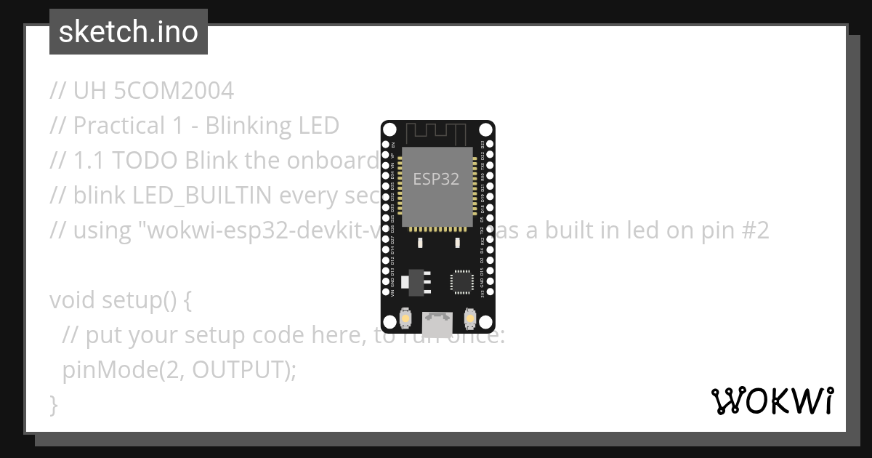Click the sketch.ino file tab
(x=129, y=32)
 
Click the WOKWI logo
(x=772, y=401)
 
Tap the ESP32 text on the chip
(x=436, y=179)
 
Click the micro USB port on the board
(x=438, y=320)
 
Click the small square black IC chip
(x=461, y=282)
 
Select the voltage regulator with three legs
(x=416, y=281)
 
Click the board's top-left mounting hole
(x=389, y=130)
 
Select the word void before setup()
(x=73, y=300)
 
